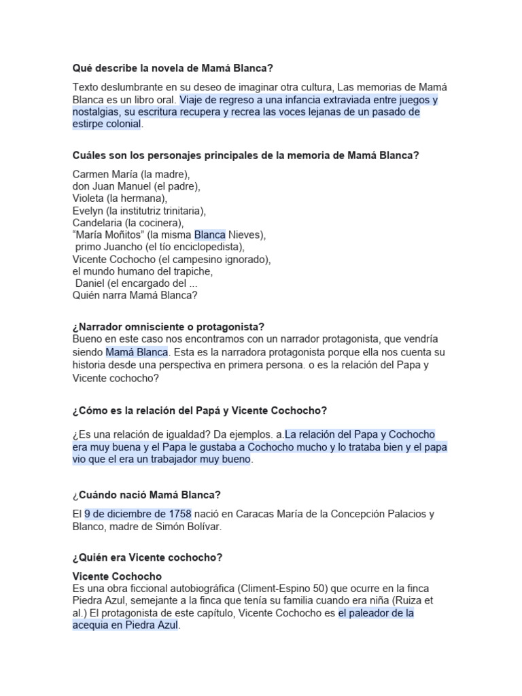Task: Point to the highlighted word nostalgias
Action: (95, 112)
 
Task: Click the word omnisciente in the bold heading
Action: (153, 327)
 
